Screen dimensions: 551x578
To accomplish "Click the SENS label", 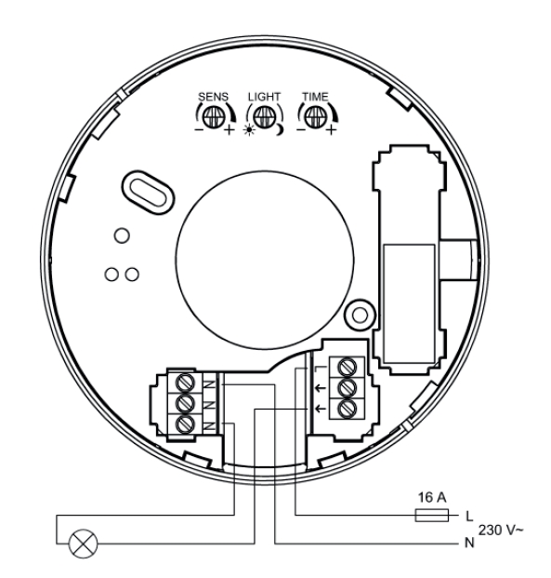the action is coord(213,97).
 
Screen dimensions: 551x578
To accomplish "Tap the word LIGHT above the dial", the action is coord(264,97).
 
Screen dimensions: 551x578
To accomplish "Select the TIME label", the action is coord(315,97).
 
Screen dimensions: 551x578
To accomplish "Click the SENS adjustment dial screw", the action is coord(214,117).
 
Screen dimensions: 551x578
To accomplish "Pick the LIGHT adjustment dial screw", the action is coord(264,117).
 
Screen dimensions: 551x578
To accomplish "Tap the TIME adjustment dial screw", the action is coord(315,117).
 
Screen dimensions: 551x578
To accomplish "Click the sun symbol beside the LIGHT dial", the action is coord(249,130).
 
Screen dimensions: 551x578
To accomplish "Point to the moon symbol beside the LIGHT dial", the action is coord(280,129).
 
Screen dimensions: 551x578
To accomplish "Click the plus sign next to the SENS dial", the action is coord(229,129).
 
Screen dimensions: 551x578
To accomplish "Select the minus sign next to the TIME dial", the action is coord(301,129).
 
